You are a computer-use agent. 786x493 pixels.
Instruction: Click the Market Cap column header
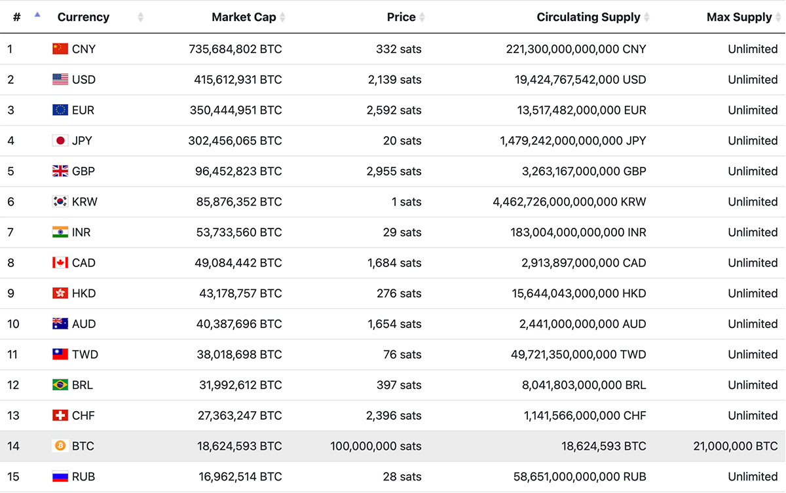(244, 17)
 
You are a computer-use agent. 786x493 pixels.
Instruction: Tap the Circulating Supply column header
(588, 17)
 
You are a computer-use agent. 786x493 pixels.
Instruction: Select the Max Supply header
(739, 17)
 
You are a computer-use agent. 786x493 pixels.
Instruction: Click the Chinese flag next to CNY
(60, 48)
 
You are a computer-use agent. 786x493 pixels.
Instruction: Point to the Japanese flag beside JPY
(60, 140)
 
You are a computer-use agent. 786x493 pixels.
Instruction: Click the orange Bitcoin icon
(60, 446)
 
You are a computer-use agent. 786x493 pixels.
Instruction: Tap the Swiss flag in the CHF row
(60, 415)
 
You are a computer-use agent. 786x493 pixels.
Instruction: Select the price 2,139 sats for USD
(394, 80)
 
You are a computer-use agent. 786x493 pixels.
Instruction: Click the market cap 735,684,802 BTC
(235, 49)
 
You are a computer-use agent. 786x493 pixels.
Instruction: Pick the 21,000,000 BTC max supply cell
(736, 446)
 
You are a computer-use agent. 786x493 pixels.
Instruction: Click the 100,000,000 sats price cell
(375, 446)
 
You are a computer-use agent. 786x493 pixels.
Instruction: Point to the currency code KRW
(84, 202)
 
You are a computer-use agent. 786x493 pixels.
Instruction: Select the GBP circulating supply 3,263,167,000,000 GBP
(584, 171)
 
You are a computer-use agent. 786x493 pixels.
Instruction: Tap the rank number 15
(13, 477)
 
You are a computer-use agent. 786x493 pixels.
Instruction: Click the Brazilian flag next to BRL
(60, 385)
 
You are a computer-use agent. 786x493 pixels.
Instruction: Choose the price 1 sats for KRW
(406, 202)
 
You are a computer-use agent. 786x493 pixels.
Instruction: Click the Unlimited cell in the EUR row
(753, 110)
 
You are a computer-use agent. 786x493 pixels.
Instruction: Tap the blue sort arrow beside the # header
(37, 14)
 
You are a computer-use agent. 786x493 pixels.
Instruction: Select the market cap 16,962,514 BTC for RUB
(240, 477)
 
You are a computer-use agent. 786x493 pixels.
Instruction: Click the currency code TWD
(85, 354)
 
